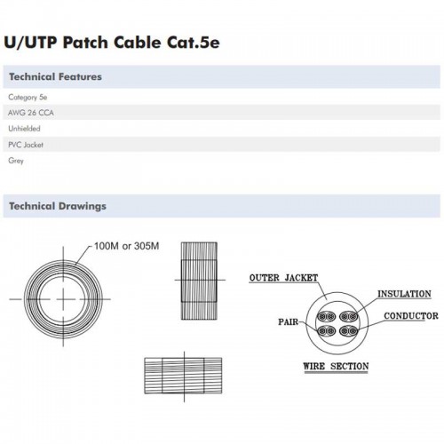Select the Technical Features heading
pos(54,76)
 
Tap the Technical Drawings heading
pos(57,206)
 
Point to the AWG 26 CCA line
pos(29,113)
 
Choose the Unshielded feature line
pos(24,129)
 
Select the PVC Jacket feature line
pos(26,145)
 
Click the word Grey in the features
pos(16,161)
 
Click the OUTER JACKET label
pos(283,278)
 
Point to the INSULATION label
pos(404,293)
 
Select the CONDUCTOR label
pos(410,315)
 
